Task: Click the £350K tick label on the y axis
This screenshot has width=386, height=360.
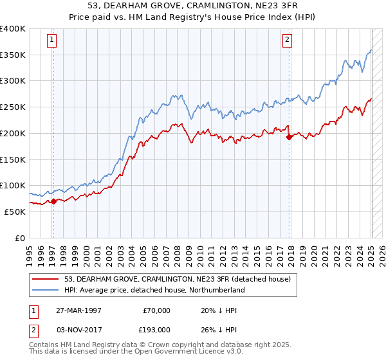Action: [x=13, y=55]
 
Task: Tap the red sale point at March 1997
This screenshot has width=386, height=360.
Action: [x=53, y=201]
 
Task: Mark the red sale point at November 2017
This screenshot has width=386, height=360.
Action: [x=289, y=136]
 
